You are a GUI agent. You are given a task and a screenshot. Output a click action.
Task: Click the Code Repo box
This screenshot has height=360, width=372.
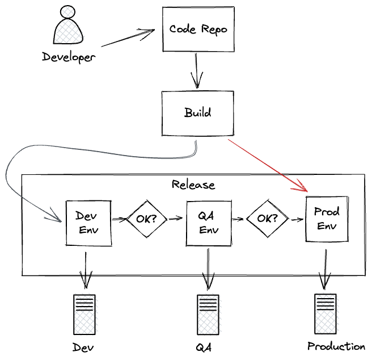point(198,29)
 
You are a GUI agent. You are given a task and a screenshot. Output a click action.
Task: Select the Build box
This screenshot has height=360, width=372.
point(197,112)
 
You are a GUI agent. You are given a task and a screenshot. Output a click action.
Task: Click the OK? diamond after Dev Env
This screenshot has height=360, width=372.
point(146,219)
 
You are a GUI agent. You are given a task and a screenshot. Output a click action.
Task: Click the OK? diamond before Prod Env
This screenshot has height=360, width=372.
point(267,219)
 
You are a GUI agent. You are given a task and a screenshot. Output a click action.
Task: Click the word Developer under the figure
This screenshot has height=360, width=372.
point(69,57)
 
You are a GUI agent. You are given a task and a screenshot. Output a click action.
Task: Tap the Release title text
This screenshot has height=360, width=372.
point(193,185)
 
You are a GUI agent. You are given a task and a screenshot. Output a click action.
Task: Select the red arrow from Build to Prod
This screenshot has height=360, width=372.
point(267,164)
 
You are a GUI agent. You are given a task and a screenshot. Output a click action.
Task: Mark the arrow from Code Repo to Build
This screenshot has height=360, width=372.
point(197,70)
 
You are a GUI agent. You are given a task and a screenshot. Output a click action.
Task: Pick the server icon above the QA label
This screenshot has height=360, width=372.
point(207,315)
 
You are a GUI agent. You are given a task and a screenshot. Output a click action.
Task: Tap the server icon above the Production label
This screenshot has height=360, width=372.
point(325,314)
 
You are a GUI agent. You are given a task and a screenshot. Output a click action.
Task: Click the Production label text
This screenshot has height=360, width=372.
point(336,346)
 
